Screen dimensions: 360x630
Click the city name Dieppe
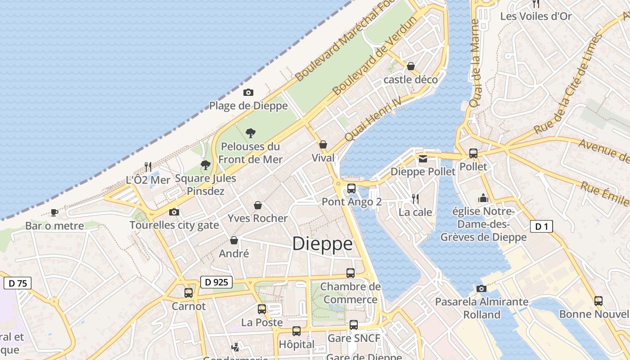[x=322, y=244]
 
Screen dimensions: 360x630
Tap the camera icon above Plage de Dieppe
[x=248, y=93]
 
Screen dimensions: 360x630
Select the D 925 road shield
[x=216, y=282]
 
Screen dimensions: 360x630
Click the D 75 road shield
[x=18, y=283]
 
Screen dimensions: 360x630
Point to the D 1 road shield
[x=541, y=226]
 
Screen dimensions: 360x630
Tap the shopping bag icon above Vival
[x=323, y=144]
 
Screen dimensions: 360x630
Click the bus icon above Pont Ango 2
[x=351, y=189]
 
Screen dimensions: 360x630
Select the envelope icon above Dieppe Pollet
[x=423, y=158]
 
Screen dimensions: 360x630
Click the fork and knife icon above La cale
[x=415, y=198]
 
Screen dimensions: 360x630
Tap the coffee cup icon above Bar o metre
[x=54, y=212]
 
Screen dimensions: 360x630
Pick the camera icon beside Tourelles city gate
[x=174, y=212]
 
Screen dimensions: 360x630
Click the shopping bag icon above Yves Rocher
[x=258, y=205]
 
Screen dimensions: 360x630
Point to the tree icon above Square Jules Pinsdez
[x=206, y=165]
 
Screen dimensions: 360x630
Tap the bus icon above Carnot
[x=189, y=293]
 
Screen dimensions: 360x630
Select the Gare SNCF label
[x=354, y=338]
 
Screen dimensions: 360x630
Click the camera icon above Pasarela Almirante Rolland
[x=481, y=288]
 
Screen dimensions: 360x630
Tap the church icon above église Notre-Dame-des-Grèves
[x=483, y=198]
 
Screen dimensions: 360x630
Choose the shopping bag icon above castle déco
[x=410, y=66]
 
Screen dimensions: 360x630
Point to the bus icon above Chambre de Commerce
[x=350, y=273]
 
